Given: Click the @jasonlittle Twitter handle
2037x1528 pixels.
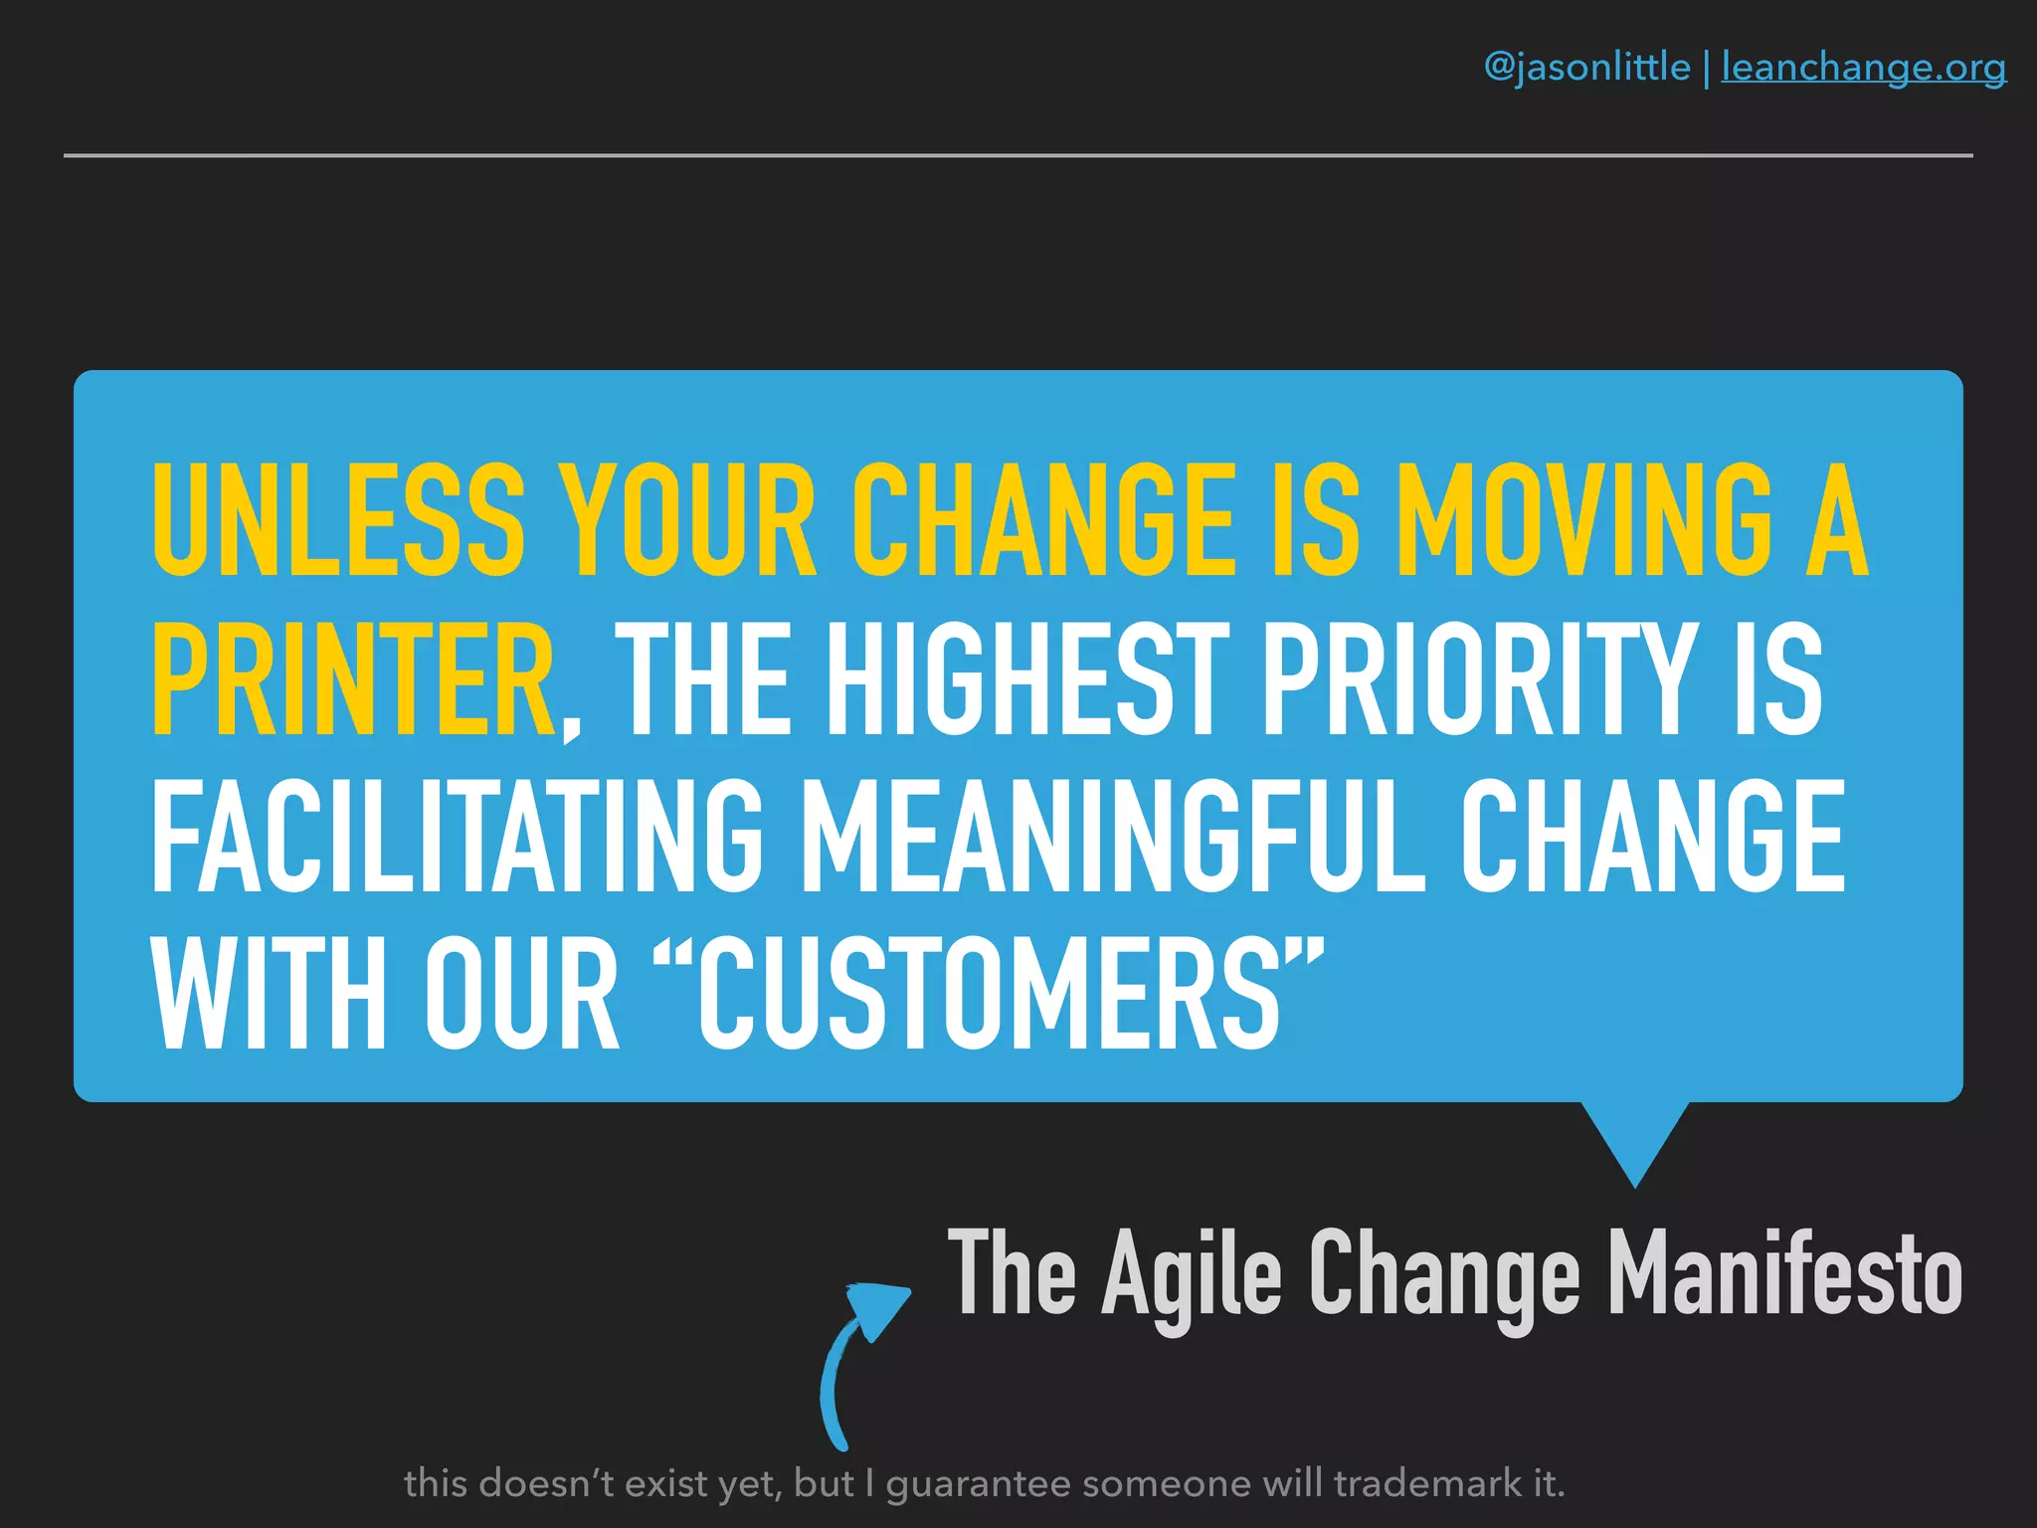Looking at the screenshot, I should [1586, 68].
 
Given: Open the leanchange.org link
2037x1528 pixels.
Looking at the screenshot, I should [1863, 68].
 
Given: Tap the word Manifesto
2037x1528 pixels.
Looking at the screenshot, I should [1784, 1273].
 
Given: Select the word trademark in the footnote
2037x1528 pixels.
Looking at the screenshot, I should [1427, 1483].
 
